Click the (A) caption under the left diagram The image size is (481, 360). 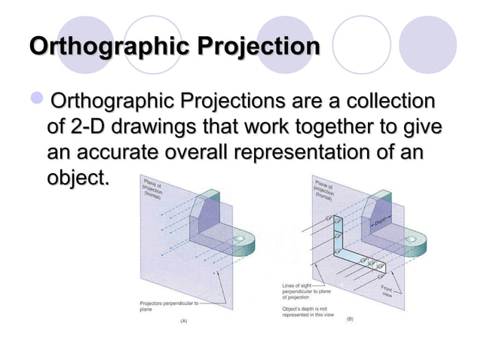point(182,320)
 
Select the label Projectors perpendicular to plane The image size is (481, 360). point(168,305)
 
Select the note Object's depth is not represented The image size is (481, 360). point(309,313)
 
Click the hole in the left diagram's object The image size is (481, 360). point(241,242)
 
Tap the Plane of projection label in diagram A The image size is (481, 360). point(154,188)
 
